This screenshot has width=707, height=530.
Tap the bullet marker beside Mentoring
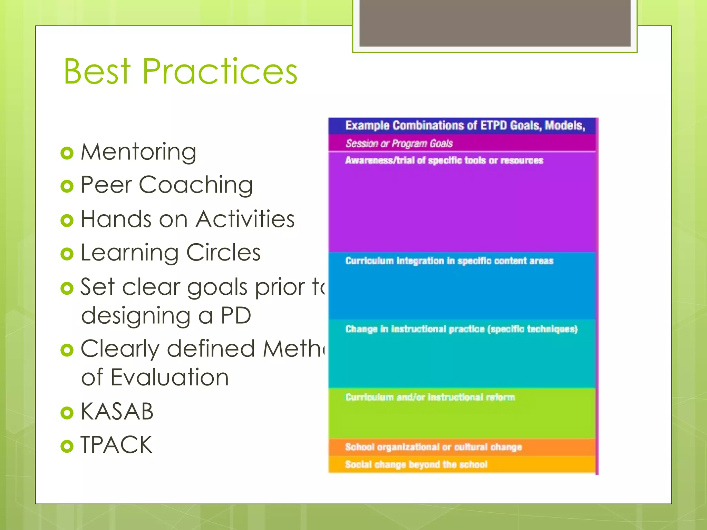(67, 153)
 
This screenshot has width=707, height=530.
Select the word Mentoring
(138, 152)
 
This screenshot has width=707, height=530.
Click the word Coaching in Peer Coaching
(196, 185)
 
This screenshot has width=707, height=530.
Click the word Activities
(245, 219)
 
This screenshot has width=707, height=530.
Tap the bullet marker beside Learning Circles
(67, 254)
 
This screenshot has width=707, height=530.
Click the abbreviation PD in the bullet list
(236, 315)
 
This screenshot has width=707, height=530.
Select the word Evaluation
(170, 377)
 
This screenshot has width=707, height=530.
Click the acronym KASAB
(117, 411)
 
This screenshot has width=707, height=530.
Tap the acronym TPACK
(116, 445)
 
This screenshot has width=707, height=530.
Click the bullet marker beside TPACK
(67, 446)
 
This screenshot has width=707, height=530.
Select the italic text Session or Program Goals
(399, 144)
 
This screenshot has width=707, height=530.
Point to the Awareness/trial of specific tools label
(444, 160)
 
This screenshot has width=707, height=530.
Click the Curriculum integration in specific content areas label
(449, 261)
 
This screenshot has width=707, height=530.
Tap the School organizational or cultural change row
(433, 447)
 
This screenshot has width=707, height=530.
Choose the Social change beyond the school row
(416, 464)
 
